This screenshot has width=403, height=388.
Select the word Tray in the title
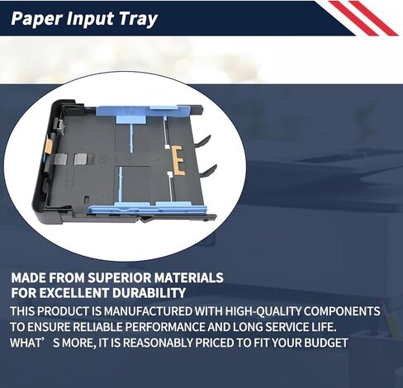coord(138,19)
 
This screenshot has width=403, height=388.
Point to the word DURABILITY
coord(149,292)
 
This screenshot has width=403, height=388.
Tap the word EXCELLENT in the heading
coord(74,292)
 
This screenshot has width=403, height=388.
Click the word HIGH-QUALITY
coord(263,311)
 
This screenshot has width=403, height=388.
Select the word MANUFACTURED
coord(148,311)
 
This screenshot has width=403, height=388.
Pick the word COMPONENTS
coord(342,311)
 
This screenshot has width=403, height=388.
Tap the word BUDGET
coord(326,343)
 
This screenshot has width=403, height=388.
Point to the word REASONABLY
coord(159,343)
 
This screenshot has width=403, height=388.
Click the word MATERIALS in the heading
coord(188,277)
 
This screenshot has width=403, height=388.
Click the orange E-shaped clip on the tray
coord(178,161)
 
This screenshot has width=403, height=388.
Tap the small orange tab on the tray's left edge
coord(50,145)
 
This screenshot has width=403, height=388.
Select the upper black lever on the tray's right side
coord(202,140)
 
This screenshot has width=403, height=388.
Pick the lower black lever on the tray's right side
coord(208,171)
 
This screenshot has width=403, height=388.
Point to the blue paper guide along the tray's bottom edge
coord(147,207)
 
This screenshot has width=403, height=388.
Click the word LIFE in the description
coord(321,327)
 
